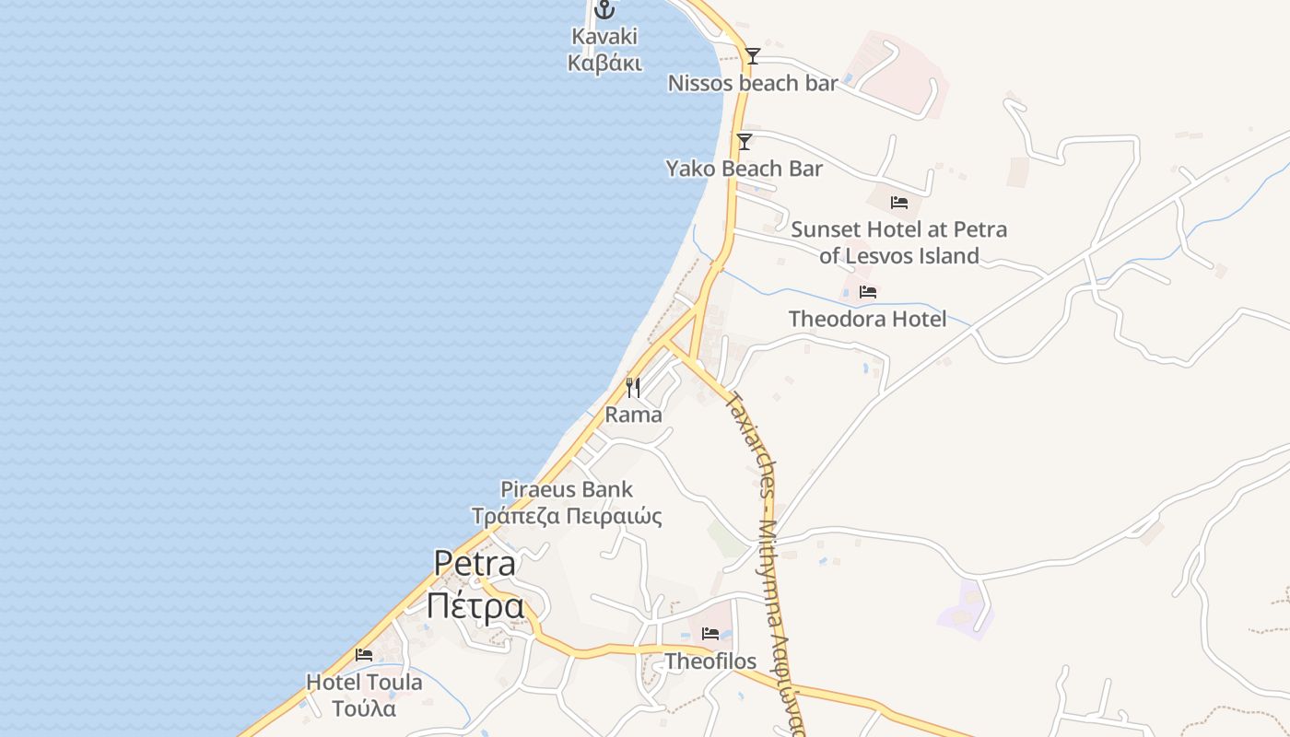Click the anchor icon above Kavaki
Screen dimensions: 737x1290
pos(604,10)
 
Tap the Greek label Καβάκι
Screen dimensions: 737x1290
pos(604,63)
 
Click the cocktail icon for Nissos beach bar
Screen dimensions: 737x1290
pos(753,56)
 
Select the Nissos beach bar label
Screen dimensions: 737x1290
pos(753,83)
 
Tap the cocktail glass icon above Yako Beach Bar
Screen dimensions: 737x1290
pos(745,141)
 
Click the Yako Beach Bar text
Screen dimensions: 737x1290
pos(744,169)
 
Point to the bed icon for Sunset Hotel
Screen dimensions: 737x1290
pos(899,203)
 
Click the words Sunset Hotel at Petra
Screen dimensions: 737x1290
pos(898,228)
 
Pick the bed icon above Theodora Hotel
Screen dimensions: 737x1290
pos(867,292)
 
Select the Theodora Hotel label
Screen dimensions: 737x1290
pos(867,319)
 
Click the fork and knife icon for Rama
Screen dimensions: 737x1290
pos(633,387)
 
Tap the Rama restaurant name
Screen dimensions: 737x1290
pos(633,415)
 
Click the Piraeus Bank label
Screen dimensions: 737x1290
pos(567,489)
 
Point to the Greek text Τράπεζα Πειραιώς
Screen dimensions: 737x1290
pos(567,516)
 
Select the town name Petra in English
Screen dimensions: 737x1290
pos(475,563)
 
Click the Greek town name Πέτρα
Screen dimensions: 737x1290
pos(475,606)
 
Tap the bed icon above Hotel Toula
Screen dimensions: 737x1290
pos(364,655)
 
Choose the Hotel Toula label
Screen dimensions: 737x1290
pos(364,683)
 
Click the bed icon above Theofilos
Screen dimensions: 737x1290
pos(710,634)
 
